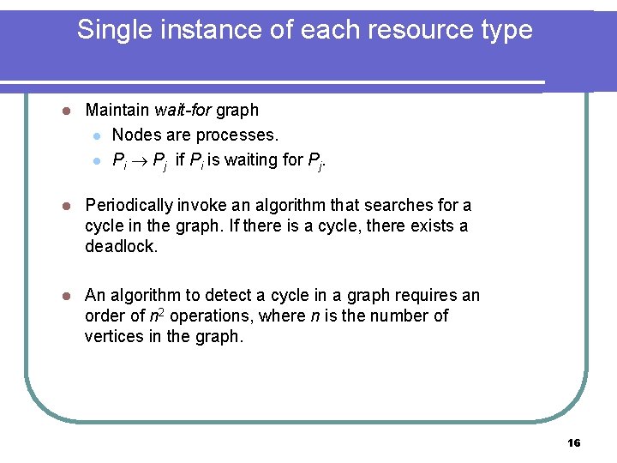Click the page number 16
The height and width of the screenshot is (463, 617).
[x=574, y=443]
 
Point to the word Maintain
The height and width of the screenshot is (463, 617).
[x=118, y=111]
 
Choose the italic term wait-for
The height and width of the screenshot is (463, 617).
[x=183, y=111]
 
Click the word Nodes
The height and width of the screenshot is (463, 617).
[x=135, y=135]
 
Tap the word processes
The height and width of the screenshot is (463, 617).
[x=238, y=135]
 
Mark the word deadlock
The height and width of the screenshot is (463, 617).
[x=122, y=247]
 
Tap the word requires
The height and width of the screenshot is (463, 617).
[x=428, y=296]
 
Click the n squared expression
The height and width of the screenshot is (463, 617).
[x=156, y=316]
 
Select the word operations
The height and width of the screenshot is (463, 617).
[x=211, y=316]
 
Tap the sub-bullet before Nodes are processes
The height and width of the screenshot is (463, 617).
[x=99, y=136]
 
